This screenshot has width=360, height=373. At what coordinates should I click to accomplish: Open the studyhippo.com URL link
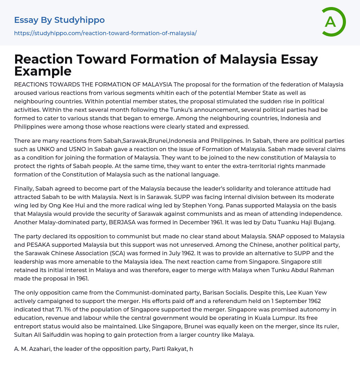tap(105, 33)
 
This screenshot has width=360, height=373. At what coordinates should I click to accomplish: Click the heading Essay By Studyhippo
tap(59, 20)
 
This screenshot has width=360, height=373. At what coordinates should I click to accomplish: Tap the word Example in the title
tap(43, 71)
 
